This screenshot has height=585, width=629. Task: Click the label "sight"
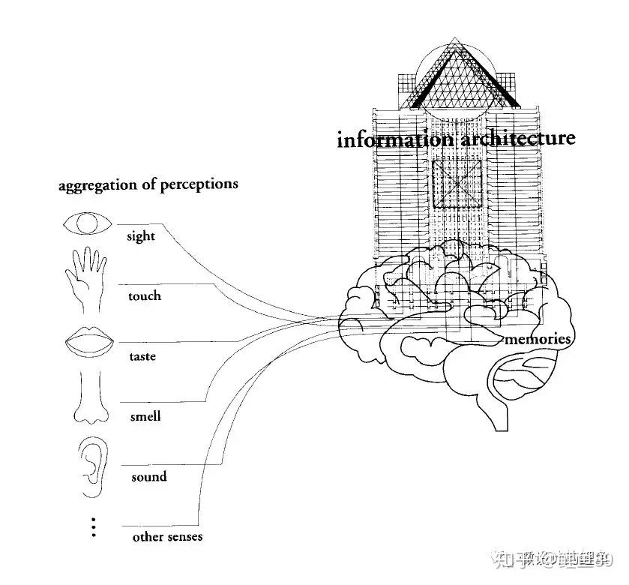click(141, 237)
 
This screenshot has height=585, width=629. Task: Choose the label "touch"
click(144, 296)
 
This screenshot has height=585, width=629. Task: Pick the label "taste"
click(142, 356)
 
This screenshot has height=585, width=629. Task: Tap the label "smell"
click(144, 416)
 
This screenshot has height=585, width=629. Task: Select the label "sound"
click(148, 477)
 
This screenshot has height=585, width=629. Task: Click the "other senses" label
click(167, 537)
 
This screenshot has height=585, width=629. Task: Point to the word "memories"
click(538, 340)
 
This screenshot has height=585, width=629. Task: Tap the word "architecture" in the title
click(517, 139)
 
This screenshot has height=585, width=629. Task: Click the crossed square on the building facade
click(458, 183)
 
